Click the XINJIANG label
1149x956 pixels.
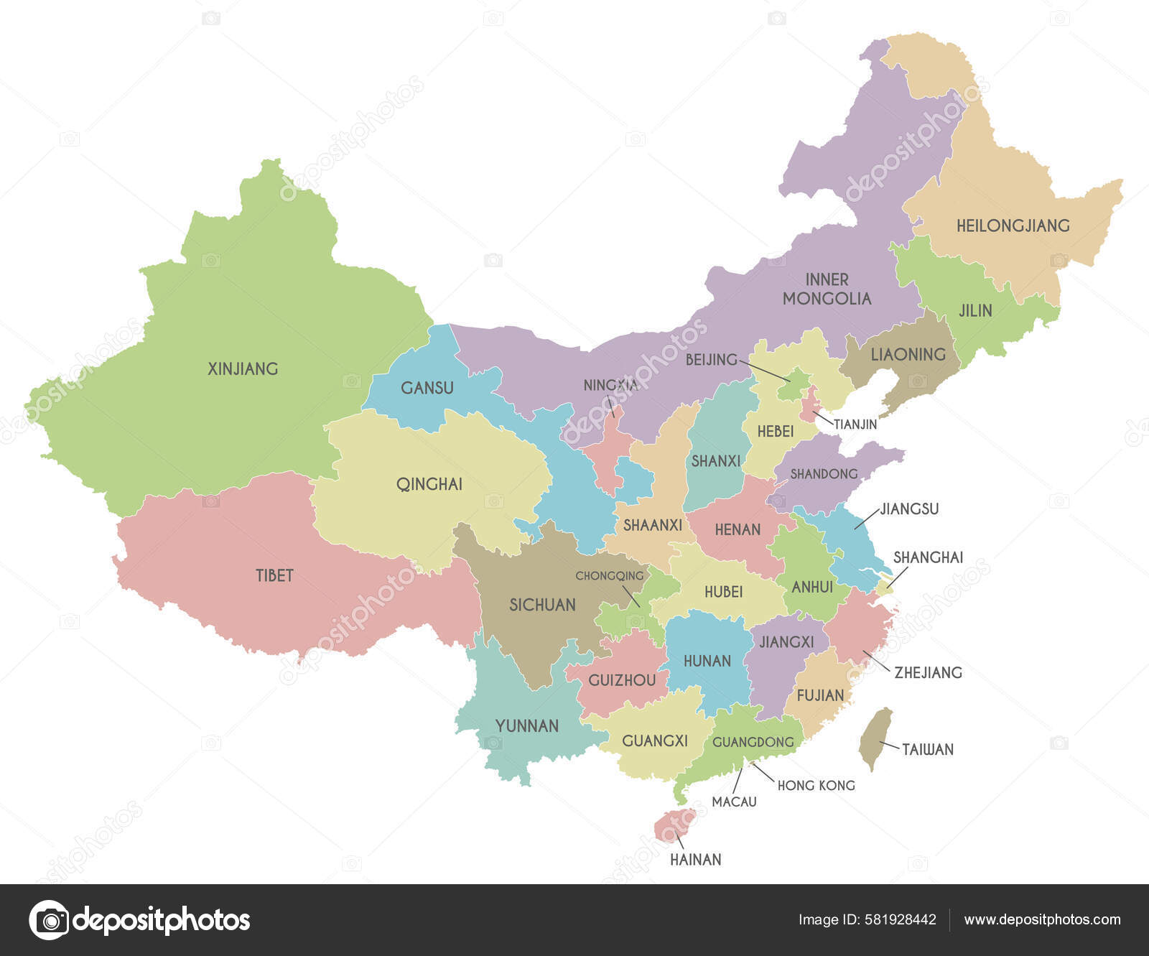click(243, 369)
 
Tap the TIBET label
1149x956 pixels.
click(274, 575)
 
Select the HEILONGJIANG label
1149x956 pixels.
click(1013, 226)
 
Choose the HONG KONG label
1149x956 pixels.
click(816, 786)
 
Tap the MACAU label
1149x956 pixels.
click(734, 802)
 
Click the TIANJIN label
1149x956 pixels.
click(855, 424)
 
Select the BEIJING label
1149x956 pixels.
click(711, 359)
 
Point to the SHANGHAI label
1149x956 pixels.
click(928, 557)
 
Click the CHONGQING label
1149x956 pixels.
click(610, 576)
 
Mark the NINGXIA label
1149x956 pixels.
click(610, 386)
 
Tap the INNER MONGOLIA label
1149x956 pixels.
click(827, 289)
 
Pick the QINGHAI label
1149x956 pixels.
click(429, 484)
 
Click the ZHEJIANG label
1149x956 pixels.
click(928, 673)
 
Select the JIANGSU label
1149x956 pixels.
click(909, 509)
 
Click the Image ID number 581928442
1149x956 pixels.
click(898, 919)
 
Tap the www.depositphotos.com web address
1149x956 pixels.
click(1042, 919)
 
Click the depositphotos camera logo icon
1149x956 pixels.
click(50, 919)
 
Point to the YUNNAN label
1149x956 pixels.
click(527, 726)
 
